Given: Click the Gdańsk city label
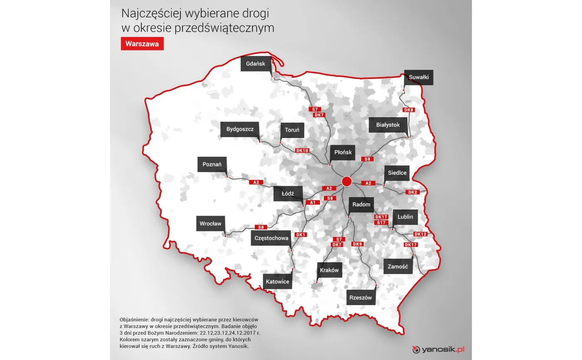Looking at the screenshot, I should coord(255,64).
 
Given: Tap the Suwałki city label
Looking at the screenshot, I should coord(419,77).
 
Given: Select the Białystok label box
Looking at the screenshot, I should coord(387,125).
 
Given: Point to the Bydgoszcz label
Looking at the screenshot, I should coord(240,129).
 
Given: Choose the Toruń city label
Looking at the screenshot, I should coord(292,130).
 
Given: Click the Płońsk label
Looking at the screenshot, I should coord(343,152).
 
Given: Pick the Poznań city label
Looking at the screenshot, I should coord(212,164).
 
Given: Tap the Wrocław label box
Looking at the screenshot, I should coord(210,224).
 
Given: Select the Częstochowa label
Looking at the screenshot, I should coord(271,238).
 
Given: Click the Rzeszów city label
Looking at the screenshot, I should coord(360,298).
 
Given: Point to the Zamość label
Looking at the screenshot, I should coord(398,266).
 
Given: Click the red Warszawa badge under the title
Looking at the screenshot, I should coord(142,44).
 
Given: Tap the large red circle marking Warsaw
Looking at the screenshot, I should coord(347,181).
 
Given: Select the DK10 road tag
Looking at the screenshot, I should coord(302,150).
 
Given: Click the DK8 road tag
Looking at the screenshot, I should coord(409,110).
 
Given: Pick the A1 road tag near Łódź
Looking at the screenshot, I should coord(313,202).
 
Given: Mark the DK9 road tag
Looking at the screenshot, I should coord(358,244).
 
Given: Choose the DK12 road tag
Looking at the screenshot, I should coord(420,234).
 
